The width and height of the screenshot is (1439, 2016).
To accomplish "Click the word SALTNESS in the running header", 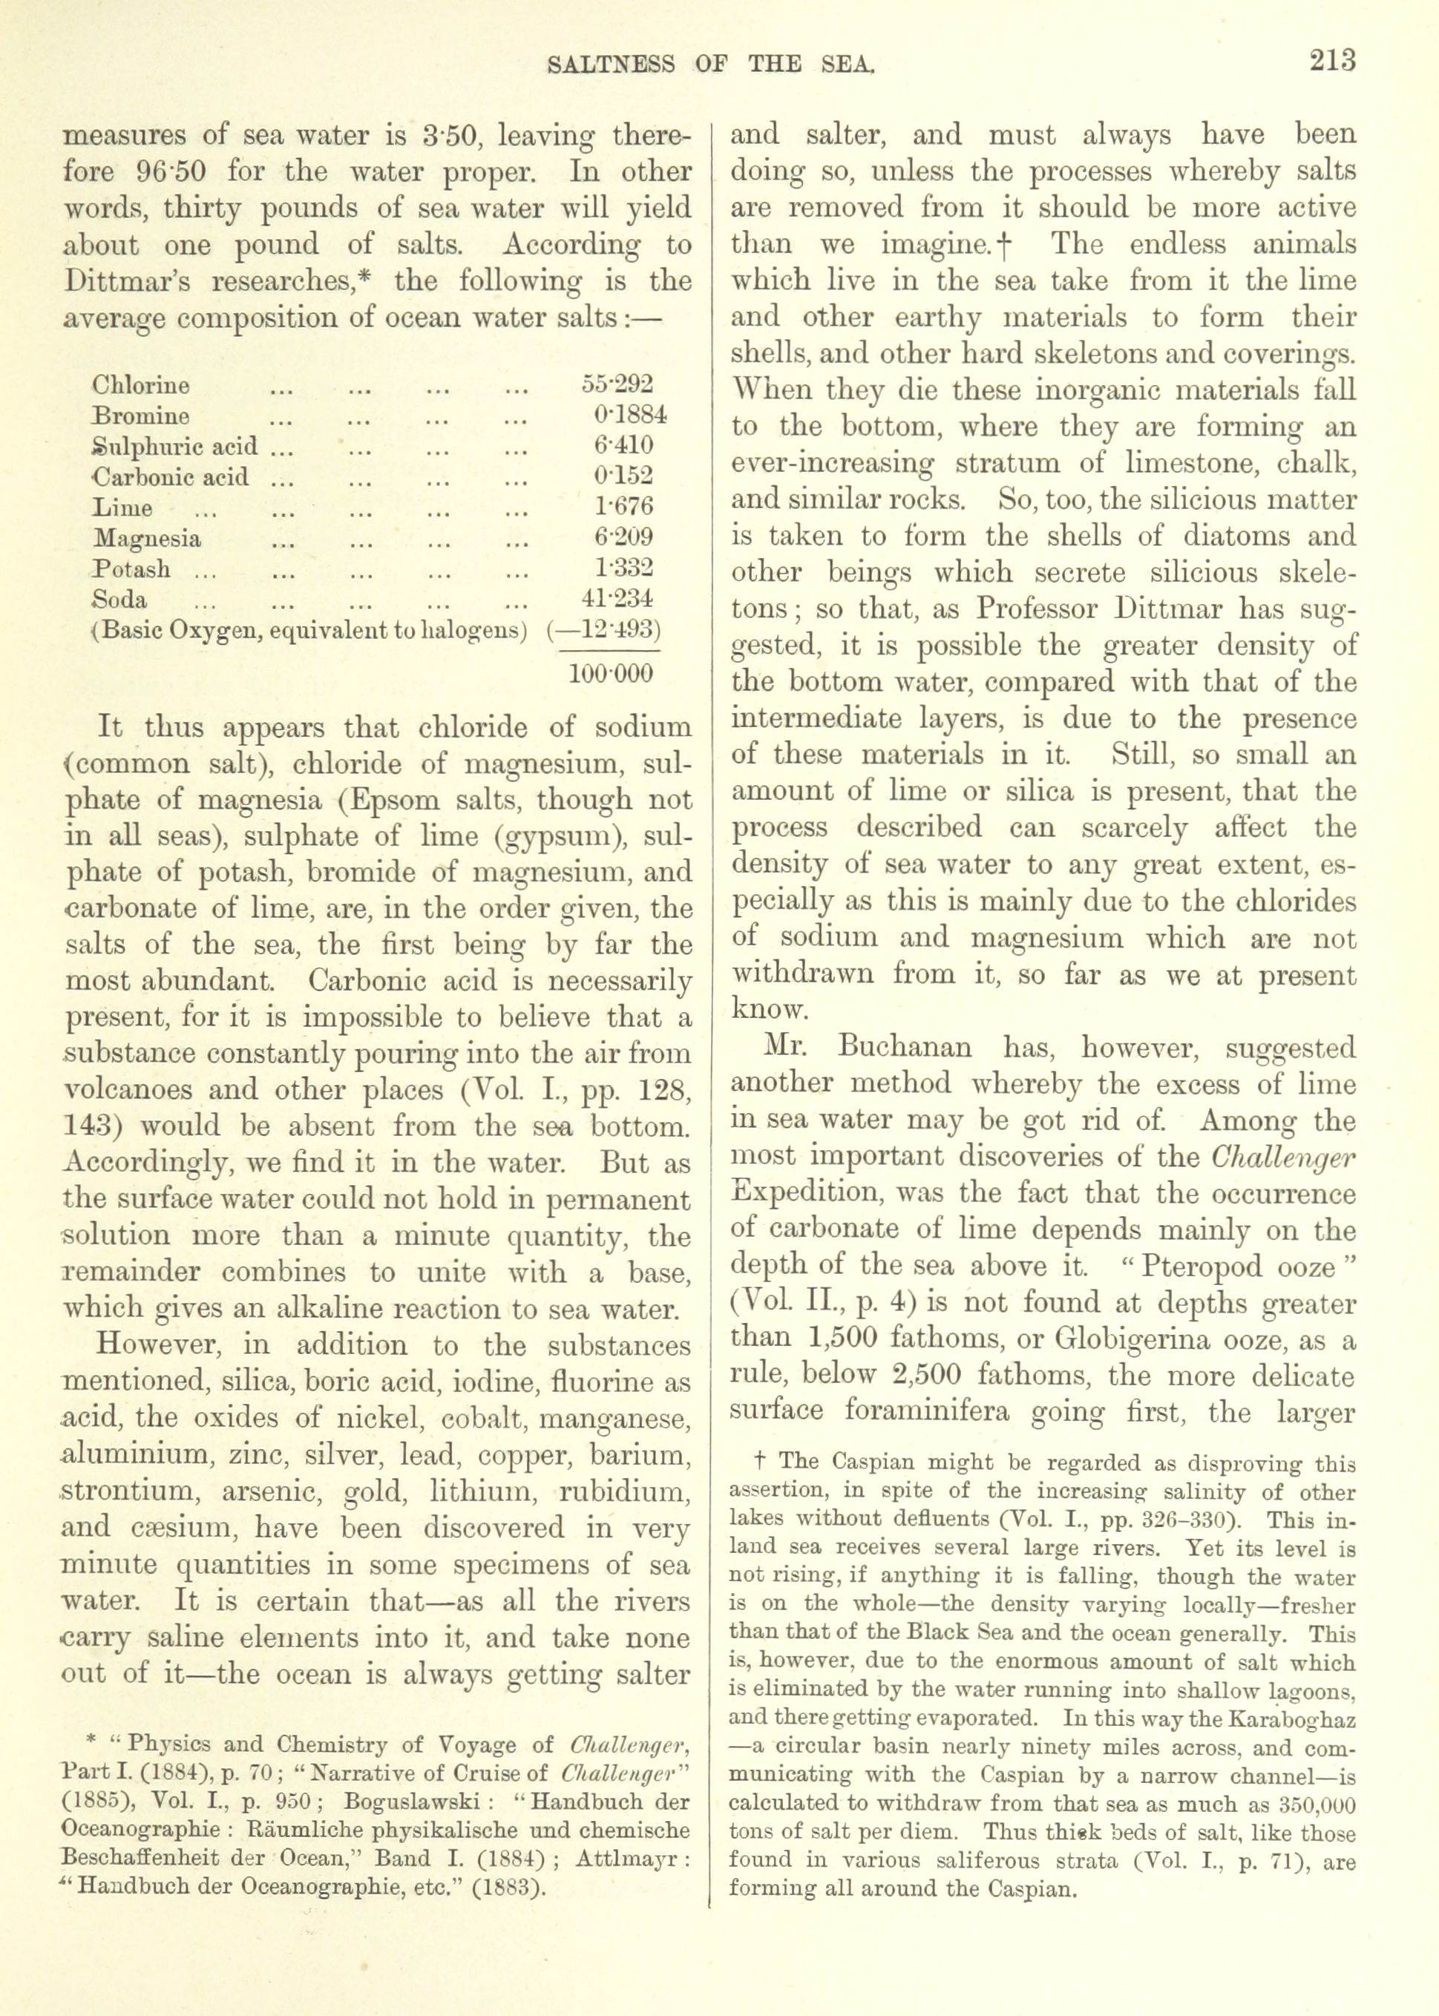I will tap(612, 64).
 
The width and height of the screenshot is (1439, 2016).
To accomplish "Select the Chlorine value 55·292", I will tap(617, 384).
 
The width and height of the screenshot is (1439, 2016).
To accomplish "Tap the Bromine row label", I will tap(141, 416).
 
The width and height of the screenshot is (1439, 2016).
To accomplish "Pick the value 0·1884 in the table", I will tap(631, 415).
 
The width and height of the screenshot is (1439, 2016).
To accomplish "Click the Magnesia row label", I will tap(147, 538).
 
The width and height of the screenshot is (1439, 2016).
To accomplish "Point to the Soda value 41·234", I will tap(617, 599).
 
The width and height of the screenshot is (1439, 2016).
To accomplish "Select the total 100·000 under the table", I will tap(611, 673).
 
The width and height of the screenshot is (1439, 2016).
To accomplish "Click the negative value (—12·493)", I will tap(605, 631).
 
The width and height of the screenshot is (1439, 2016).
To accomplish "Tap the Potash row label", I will tap(132, 568).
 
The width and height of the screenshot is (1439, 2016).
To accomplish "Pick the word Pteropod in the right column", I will tap(1192, 1267).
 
